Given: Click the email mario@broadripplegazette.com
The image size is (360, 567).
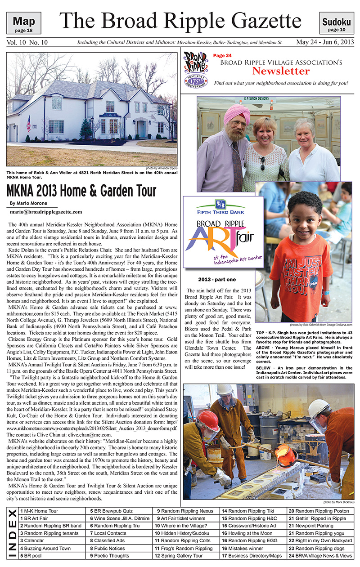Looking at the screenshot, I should click(x=46, y=211).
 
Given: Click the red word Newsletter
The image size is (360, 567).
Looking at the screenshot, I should click(x=280, y=71).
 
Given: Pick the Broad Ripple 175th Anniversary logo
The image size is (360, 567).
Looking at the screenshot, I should click(x=196, y=70).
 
